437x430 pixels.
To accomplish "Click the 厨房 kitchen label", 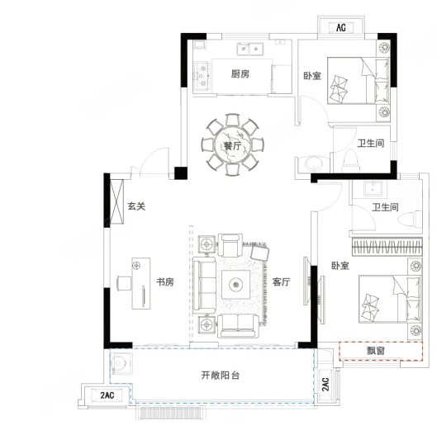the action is [x=240, y=74].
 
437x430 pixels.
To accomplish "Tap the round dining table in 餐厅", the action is [x=233, y=145].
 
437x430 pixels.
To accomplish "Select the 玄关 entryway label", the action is [x=136, y=206].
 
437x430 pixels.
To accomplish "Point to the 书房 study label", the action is [x=165, y=281].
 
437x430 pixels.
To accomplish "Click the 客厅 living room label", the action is [x=282, y=281].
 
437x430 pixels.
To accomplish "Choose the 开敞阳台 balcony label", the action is [x=221, y=376].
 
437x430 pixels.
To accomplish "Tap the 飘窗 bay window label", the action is [x=376, y=351].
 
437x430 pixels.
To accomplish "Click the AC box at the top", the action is [x=341, y=27].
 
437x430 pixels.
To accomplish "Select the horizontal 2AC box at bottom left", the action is [x=107, y=395].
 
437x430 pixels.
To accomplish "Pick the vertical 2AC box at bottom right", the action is [x=325, y=385].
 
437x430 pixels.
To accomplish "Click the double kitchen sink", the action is [x=250, y=49].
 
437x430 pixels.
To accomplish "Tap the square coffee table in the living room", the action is [x=235, y=285].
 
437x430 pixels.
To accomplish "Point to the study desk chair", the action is [x=124, y=284].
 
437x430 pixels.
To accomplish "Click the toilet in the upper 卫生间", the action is [x=351, y=161].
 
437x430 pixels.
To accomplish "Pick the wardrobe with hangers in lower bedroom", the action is [x=387, y=247].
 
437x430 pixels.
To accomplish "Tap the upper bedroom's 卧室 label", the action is [x=312, y=76].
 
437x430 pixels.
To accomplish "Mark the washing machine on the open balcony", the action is [x=121, y=363].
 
